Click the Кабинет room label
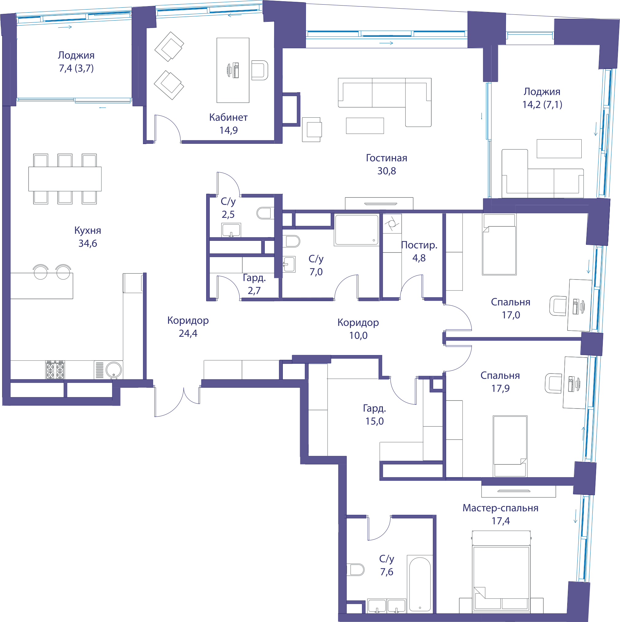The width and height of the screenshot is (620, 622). coord(228,118)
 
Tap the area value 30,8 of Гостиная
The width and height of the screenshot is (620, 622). coord(387,171)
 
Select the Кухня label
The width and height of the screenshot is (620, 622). coord(87,230)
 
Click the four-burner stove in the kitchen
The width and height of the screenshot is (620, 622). coord(55,370)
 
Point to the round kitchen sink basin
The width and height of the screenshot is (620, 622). coord(114,369)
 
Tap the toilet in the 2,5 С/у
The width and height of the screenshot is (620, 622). coord(265,213)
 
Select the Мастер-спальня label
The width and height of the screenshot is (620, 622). coord(500,508)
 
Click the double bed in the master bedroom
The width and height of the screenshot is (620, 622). coord(501,572)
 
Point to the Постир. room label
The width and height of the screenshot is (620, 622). coord(419,245)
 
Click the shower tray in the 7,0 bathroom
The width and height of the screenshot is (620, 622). coord(356,230)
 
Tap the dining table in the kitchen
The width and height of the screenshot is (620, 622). coord(65,179)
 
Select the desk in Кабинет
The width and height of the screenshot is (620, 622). coord(233,70)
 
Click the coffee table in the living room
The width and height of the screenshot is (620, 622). coord(365,126)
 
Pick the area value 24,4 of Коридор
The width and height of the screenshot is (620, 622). coord(188,334)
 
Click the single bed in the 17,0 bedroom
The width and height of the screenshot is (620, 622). coord(499,245)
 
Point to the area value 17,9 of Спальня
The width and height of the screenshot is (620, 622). coord(500,389)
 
